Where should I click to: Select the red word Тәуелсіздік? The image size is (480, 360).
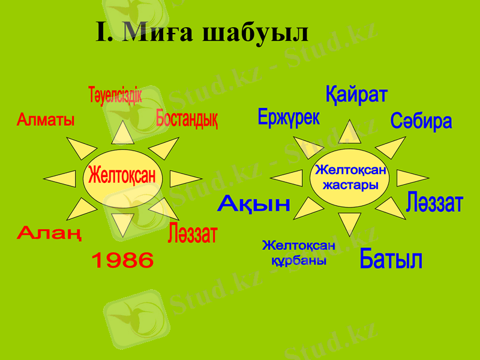(115, 95)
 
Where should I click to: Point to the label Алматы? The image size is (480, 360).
(46, 120)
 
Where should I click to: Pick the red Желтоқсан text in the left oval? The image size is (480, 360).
(122, 176)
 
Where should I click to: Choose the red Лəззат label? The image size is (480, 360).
(193, 233)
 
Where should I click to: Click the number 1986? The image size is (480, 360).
(122, 260)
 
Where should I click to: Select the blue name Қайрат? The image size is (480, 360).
(356, 95)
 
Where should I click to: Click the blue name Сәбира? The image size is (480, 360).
(421, 122)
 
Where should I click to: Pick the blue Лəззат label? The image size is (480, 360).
(434, 203)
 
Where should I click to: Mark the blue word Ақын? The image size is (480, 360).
(254, 204)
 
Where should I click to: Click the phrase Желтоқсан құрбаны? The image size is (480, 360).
(298, 253)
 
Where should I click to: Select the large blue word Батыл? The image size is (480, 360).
(391, 260)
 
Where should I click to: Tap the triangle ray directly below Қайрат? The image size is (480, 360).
(349, 133)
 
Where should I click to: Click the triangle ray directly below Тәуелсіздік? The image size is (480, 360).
(121, 134)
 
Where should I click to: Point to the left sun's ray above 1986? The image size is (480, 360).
(122, 223)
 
